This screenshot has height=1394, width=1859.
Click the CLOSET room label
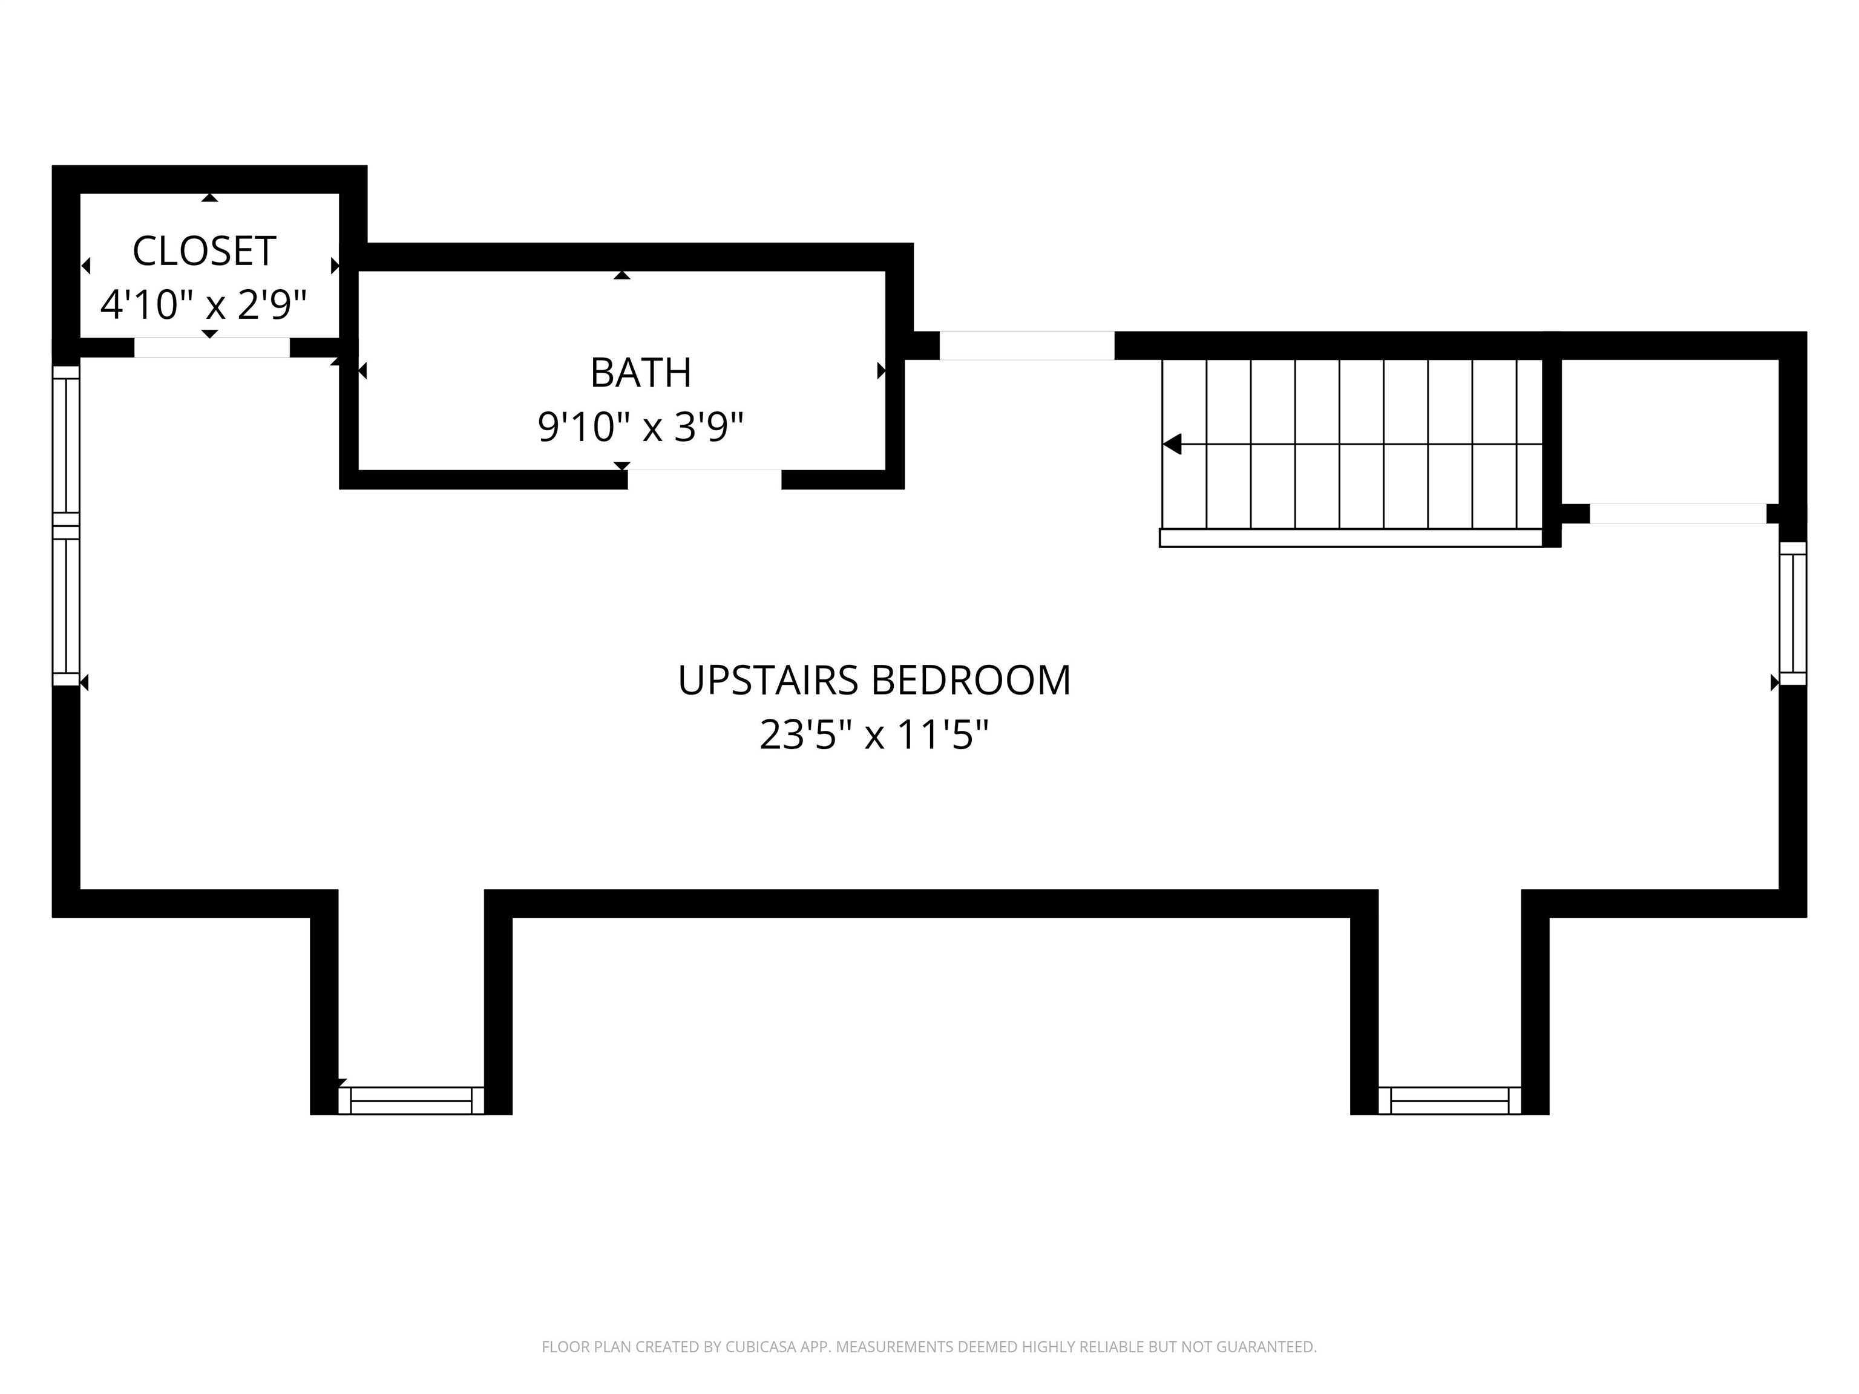pyautogui.click(x=204, y=251)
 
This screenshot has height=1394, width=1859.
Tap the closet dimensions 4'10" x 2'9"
pyautogui.click(x=203, y=304)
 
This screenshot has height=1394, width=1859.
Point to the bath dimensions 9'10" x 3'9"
pyautogui.click(x=640, y=427)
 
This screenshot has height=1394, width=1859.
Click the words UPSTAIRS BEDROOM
pyautogui.click(x=874, y=681)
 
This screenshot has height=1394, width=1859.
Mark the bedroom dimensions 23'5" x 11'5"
pyautogui.click(x=874, y=735)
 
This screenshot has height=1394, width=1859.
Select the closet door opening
pyautogui.click(x=212, y=347)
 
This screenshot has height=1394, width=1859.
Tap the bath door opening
pyautogui.click(x=704, y=479)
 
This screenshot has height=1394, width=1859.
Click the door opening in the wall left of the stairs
pyautogui.click(x=1026, y=345)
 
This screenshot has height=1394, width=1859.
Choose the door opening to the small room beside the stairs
pyautogui.click(x=1677, y=514)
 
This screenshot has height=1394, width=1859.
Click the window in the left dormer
pyautogui.click(x=411, y=1100)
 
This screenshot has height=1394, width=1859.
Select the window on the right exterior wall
pyautogui.click(x=1792, y=614)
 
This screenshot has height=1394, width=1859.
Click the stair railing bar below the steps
pyautogui.click(x=1351, y=538)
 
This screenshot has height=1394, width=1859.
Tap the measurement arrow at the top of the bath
pyautogui.click(x=622, y=275)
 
